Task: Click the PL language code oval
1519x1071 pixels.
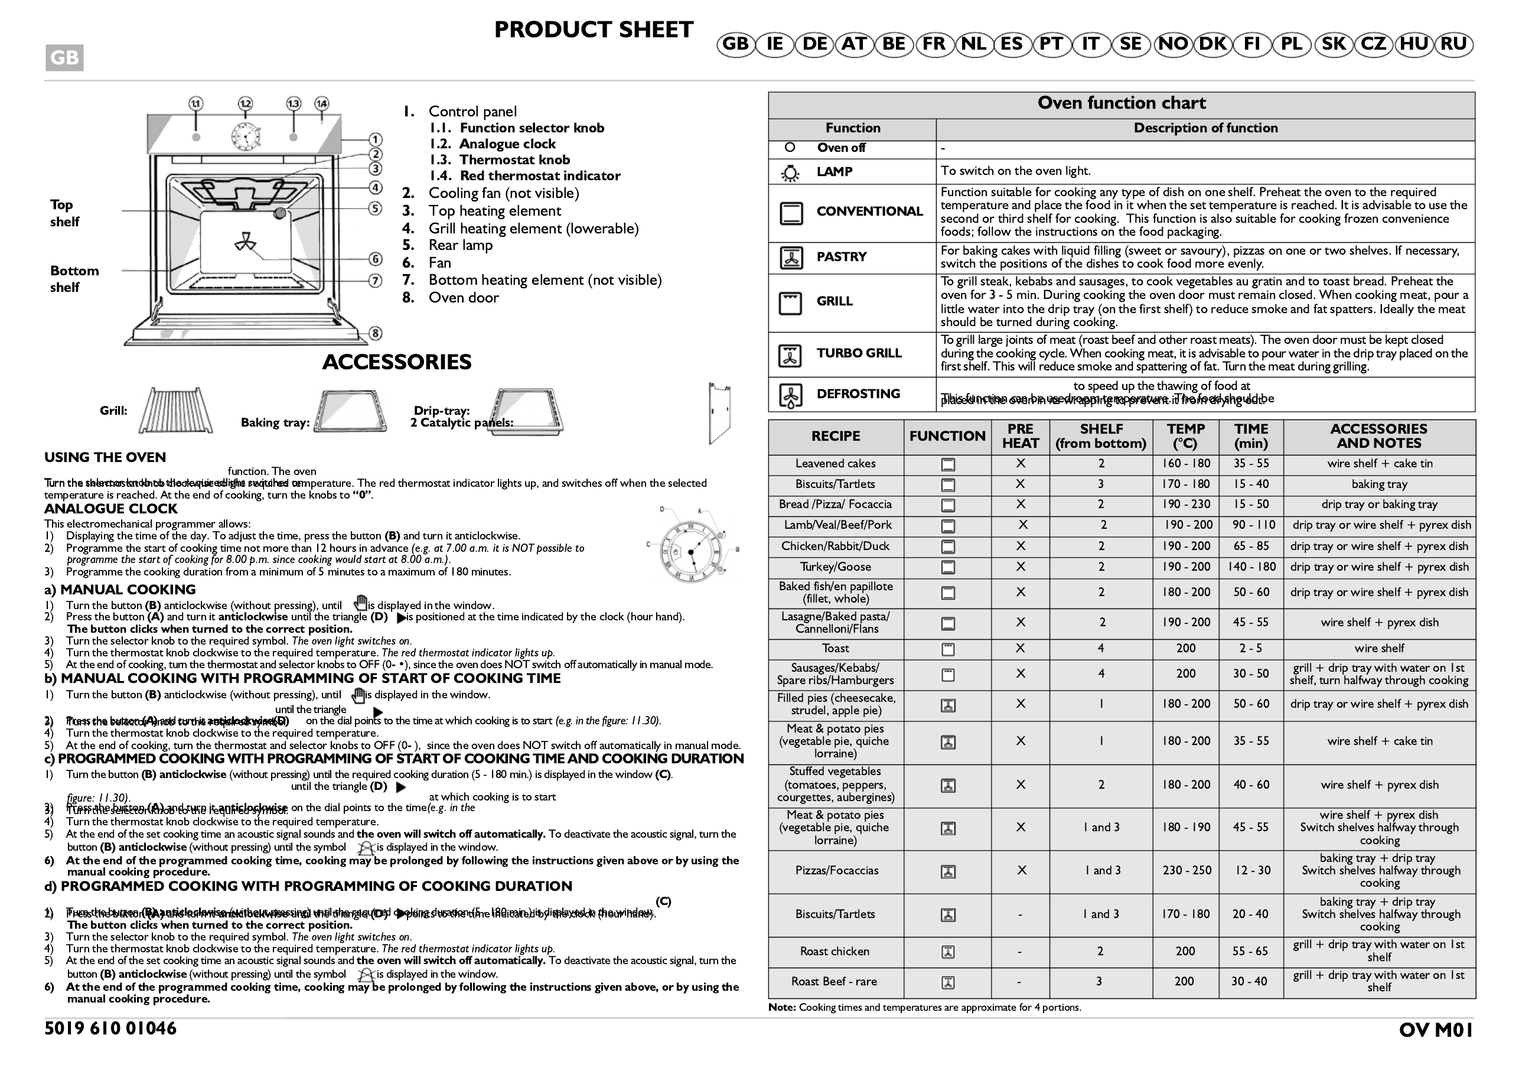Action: (x=1292, y=44)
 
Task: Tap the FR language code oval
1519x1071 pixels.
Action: (x=934, y=44)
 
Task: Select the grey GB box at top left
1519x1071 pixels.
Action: (x=64, y=57)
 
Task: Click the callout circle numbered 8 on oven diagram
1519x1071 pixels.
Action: (x=375, y=333)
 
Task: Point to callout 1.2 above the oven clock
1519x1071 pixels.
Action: (x=246, y=104)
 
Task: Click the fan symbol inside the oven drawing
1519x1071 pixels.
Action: (x=245, y=243)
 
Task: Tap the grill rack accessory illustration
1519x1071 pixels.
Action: (x=175, y=411)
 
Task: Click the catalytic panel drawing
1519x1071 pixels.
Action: (x=719, y=414)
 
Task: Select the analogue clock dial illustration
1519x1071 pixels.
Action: (x=690, y=550)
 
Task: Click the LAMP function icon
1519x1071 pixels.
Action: (x=790, y=172)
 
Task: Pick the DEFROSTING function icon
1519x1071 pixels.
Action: (x=791, y=395)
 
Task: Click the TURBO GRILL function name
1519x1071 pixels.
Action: (x=859, y=353)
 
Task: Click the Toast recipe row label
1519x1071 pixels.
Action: (x=836, y=649)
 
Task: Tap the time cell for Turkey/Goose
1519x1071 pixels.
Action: (x=1250, y=567)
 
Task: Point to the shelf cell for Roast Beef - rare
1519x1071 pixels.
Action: (x=1100, y=982)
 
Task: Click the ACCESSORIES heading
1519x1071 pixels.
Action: (x=397, y=362)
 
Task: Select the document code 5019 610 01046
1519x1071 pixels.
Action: (x=110, y=1028)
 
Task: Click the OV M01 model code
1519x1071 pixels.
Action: (x=1436, y=1031)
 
